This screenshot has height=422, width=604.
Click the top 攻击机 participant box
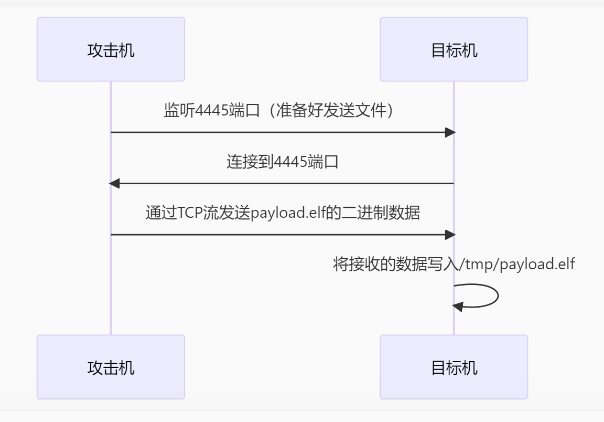point(111,49)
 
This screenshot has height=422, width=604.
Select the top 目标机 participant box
point(454,49)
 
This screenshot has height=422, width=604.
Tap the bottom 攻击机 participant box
point(111,367)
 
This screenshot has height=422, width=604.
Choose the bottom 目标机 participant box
point(454,367)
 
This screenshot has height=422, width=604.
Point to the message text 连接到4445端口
point(283,161)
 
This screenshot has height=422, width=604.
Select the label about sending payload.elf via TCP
point(283,213)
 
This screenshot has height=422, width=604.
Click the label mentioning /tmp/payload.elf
point(454,263)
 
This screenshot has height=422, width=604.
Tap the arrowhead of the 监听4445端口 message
point(450,132)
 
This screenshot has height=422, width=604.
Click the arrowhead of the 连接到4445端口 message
point(114,184)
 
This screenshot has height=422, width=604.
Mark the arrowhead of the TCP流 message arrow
point(450,235)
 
